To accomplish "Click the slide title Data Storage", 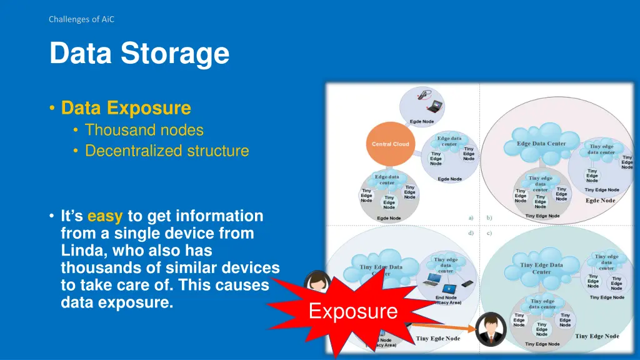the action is tap(139, 53).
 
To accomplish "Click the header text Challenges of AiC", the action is tap(81, 19).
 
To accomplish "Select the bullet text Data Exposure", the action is tap(126, 108).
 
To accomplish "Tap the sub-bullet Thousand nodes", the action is tap(144, 130).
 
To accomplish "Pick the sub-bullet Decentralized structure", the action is tap(166, 151).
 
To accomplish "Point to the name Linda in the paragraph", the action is tap(79, 251).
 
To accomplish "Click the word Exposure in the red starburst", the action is tap(353, 311).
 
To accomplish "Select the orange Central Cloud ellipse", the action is tap(390, 144).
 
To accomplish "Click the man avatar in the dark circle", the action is tap(491, 328).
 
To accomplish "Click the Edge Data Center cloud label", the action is tap(541, 143).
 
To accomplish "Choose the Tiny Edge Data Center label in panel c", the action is tap(541, 268).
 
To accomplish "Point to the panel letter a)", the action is tap(471, 217).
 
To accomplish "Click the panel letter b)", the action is tap(489, 217).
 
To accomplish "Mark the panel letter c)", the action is tap(489, 233).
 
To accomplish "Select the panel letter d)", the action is tap(471, 233).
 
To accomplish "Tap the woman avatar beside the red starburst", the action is tap(317, 281).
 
